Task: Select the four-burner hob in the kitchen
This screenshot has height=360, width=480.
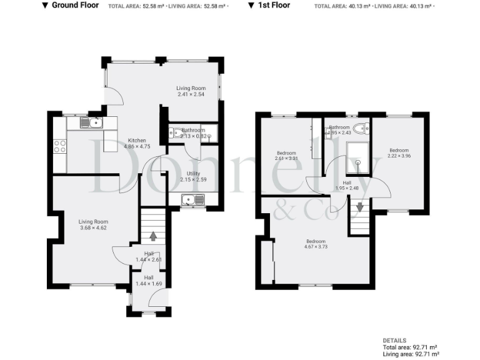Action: point(61,147)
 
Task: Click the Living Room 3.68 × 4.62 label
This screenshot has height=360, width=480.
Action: point(94,225)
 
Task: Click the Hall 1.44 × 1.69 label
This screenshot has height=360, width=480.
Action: point(149,281)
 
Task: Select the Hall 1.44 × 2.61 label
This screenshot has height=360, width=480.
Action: point(149,256)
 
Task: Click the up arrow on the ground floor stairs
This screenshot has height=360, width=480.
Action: point(153,237)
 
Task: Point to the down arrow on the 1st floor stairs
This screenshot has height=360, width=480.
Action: point(360,207)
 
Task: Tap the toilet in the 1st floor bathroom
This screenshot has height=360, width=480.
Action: point(360,129)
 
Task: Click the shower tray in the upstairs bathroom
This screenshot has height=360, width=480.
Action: point(359,157)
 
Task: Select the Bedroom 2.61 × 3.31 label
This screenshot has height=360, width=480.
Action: point(287,156)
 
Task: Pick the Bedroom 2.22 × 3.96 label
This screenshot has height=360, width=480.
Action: point(399,153)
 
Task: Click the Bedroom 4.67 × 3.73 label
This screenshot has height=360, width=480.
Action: point(315,244)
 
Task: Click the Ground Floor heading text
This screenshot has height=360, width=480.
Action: point(75,5)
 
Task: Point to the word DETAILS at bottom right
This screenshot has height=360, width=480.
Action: point(394,341)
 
